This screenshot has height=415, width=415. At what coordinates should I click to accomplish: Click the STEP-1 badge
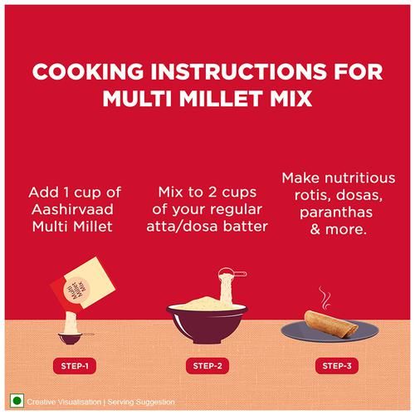75,366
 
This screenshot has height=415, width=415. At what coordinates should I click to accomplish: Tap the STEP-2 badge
207,366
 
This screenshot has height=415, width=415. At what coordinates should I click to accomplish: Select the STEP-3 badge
337,366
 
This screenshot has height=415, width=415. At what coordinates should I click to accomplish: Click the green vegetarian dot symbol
17,401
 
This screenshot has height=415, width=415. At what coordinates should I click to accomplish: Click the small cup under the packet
71,338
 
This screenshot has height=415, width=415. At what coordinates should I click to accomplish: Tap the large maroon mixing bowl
207,323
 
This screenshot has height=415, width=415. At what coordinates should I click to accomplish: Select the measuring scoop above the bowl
232,273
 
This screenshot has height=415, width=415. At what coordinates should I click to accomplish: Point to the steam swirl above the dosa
325,297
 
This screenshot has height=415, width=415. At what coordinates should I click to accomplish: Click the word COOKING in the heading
88,71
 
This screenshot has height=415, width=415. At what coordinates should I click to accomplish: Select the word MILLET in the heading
222,98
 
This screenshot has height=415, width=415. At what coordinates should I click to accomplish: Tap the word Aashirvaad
72,209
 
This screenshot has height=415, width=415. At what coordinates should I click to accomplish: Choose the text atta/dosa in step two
183,227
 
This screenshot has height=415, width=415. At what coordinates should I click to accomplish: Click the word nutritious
360,178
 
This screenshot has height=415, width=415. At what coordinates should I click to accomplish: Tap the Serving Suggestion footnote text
141,402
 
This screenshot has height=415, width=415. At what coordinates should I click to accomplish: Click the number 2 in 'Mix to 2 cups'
212,193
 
